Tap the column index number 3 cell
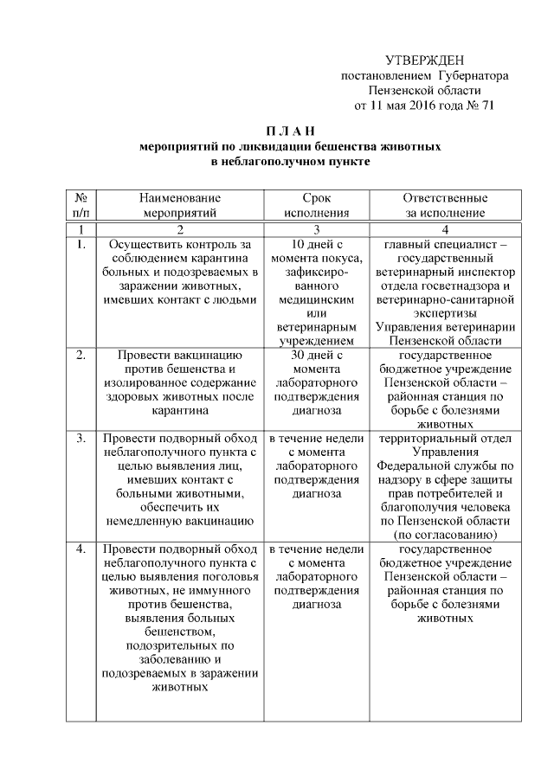[317, 229]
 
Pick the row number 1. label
[81, 245]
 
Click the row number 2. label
[81, 355]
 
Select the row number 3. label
[81, 439]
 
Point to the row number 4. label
[81, 549]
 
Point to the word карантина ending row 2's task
[180, 411]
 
